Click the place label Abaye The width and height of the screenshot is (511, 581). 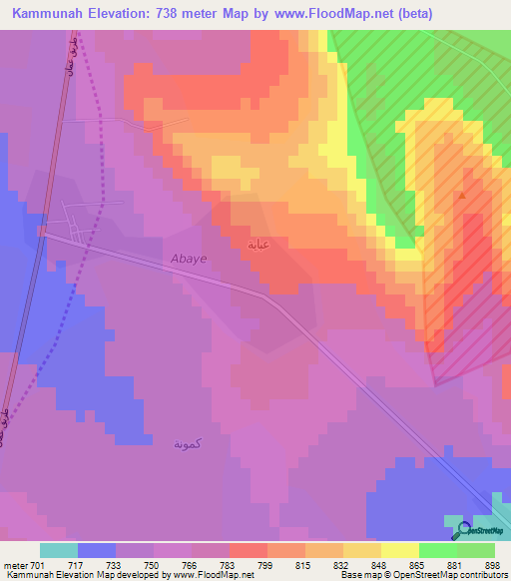[189, 258]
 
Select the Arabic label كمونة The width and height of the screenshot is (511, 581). [187, 443]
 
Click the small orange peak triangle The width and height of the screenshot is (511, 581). [461, 197]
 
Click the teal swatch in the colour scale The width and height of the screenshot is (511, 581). [59, 550]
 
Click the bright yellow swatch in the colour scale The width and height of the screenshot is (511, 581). [399, 550]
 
